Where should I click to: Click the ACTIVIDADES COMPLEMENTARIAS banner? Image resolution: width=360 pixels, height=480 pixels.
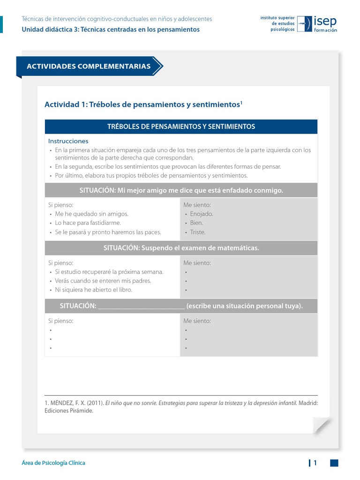(x=89, y=66)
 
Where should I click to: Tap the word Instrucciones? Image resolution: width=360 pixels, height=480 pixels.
(x=68, y=141)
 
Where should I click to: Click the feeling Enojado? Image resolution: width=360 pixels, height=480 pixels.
(x=202, y=214)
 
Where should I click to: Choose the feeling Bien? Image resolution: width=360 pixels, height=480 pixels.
(x=196, y=223)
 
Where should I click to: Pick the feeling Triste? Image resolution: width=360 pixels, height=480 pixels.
(x=198, y=232)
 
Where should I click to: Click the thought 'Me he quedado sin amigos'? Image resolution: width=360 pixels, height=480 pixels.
(x=91, y=214)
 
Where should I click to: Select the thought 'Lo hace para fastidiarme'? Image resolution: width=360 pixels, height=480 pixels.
(x=88, y=223)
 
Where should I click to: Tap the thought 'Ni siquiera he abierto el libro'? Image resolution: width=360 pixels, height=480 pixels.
(x=93, y=290)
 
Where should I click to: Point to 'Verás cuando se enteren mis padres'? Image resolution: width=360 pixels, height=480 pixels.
(x=103, y=281)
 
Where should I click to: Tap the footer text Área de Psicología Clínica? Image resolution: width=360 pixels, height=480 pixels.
(x=53, y=463)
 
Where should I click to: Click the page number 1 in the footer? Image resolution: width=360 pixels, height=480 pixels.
(x=315, y=463)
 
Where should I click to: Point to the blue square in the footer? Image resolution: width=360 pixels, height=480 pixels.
(x=334, y=463)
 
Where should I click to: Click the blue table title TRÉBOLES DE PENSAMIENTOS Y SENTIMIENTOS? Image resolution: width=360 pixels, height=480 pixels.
(x=181, y=127)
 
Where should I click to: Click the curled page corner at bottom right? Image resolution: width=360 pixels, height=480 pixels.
(x=322, y=425)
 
